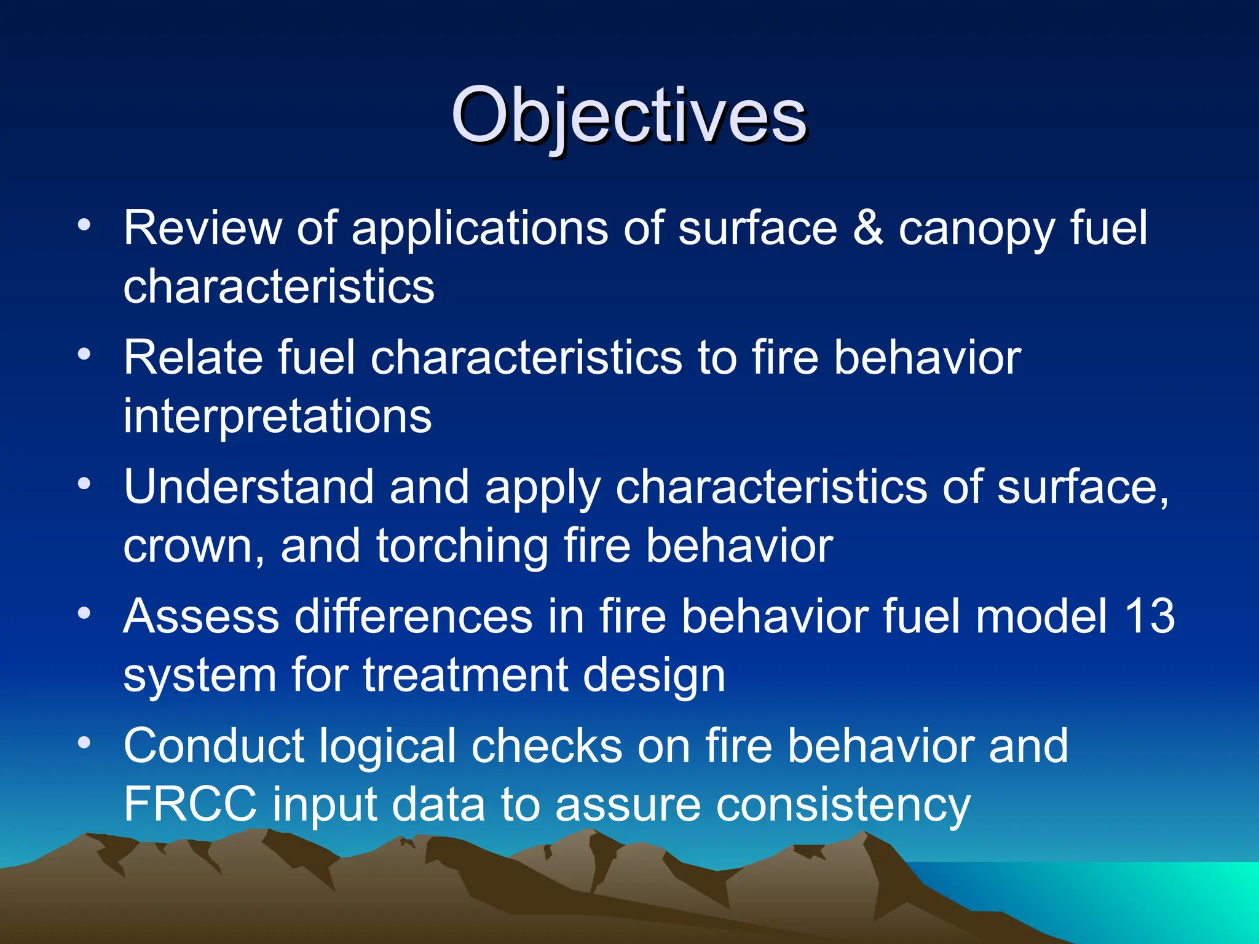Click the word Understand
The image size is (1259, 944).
click(248, 487)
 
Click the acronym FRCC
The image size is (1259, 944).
click(190, 804)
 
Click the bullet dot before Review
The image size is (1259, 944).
click(84, 225)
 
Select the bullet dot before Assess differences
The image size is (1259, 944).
click(84, 613)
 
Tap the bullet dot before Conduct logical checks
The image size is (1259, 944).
click(84, 742)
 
